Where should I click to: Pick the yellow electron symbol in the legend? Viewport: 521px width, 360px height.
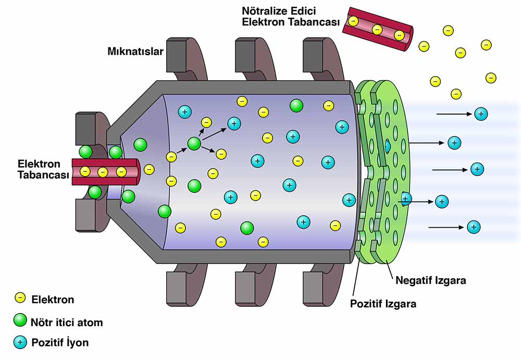coord(20,299)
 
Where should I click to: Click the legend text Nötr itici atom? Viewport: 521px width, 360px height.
coord(67,322)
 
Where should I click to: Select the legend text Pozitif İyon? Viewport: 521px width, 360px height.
coord(60,343)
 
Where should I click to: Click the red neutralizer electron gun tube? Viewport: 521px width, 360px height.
coord(377,29)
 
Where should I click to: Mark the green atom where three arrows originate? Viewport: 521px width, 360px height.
coord(194,143)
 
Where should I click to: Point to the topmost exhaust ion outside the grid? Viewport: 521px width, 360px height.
coord(481,114)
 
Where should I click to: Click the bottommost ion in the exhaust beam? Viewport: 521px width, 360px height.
coord(473,227)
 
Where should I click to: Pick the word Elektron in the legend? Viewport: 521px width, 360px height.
coord(53,300)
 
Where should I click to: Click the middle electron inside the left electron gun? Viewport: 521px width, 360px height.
coord(103,171)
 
